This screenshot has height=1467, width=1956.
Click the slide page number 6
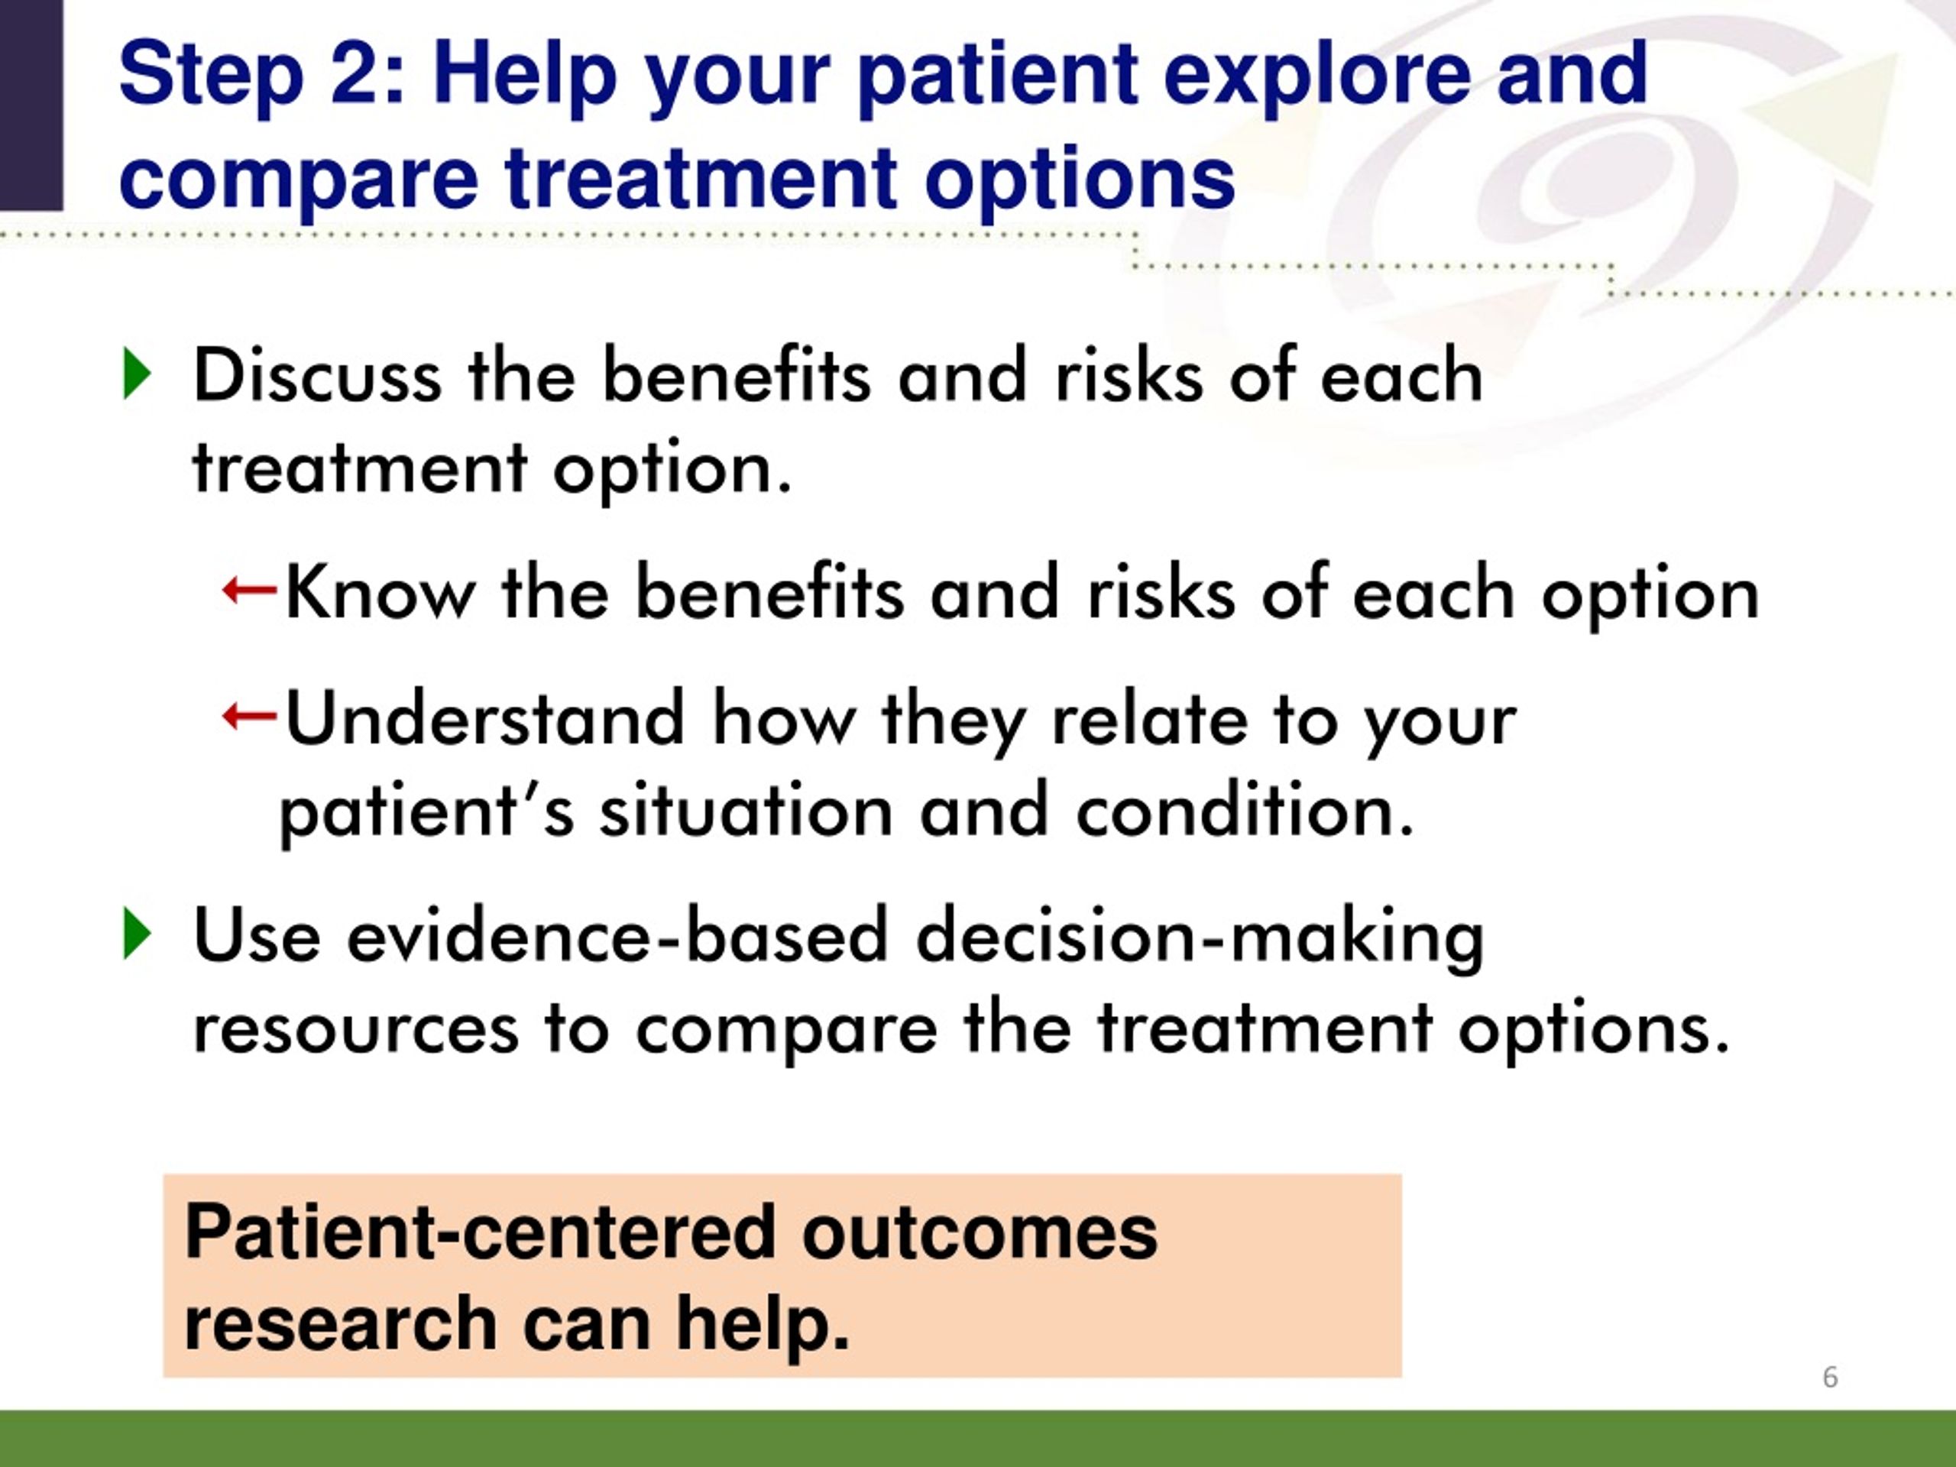tap(1831, 1377)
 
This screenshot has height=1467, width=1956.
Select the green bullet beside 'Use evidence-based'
tap(138, 933)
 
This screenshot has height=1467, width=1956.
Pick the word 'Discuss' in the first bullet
tap(316, 375)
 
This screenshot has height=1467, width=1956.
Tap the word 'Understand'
tap(484, 717)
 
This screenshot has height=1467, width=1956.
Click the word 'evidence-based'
tap(617, 934)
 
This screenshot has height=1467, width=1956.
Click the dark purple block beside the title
tap(32, 105)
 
